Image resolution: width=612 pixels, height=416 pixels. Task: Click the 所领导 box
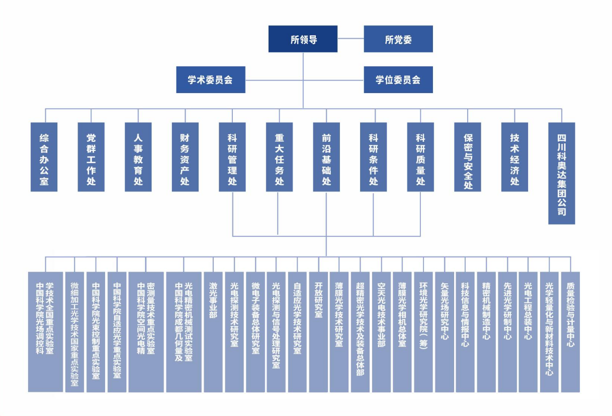(x=303, y=39)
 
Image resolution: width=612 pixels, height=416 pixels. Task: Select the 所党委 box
(x=398, y=39)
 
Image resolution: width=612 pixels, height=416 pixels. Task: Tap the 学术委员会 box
(x=211, y=79)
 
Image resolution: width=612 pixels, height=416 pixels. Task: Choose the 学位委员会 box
(x=398, y=79)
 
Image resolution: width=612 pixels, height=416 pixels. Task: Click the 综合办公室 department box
(x=44, y=157)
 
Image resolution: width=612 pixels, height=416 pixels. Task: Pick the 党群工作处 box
(x=91, y=157)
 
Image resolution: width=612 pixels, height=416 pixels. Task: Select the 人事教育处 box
(x=138, y=157)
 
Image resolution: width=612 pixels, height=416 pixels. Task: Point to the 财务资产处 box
(x=185, y=157)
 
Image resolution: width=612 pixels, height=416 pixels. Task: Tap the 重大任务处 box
(x=279, y=157)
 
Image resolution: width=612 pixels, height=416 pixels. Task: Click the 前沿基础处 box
(x=326, y=157)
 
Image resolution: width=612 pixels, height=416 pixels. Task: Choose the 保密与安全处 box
(x=468, y=157)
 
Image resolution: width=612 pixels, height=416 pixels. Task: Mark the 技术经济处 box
(x=514, y=157)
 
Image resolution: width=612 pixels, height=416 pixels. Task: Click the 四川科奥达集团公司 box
(x=561, y=173)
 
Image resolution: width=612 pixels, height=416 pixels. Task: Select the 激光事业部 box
(x=213, y=332)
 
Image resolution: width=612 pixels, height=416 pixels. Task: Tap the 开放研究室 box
(x=318, y=332)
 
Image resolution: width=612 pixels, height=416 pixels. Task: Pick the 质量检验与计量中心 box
(x=570, y=332)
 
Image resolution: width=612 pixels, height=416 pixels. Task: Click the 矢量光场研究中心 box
(x=444, y=332)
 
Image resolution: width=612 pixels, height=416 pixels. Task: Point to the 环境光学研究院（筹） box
(x=423, y=332)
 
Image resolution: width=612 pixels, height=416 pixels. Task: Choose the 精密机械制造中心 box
(x=486, y=332)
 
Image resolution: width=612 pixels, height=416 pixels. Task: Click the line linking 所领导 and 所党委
(x=351, y=39)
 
